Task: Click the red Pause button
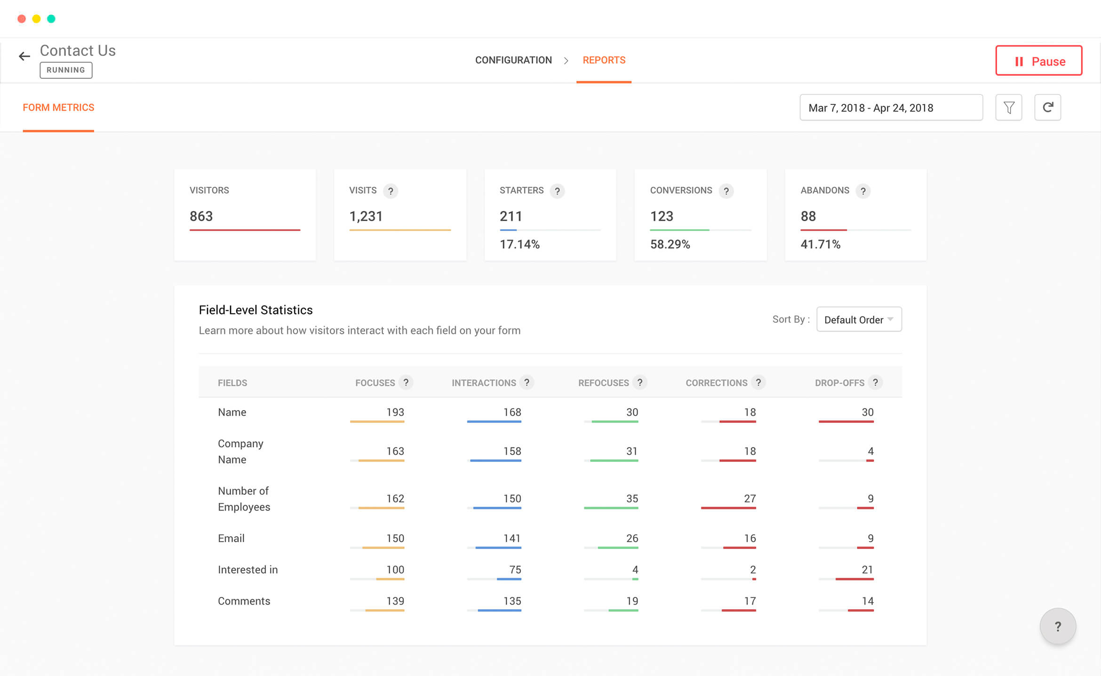point(1038,61)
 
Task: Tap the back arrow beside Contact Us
point(24,56)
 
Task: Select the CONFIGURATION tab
point(513,60)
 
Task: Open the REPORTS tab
point(604,60)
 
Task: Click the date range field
point(891,108)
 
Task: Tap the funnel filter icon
point(1009,108)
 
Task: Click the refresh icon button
point(1047,108)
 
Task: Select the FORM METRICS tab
point(58,108)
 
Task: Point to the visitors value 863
point(201,216)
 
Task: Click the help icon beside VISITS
point(391,191)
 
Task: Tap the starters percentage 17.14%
point(519,244)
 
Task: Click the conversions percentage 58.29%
point(670,244)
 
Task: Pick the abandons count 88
point(808,216)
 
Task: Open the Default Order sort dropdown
point(859,319)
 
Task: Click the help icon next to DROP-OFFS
point(875,382)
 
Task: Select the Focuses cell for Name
point(395,412)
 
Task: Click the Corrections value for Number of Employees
point(750,499)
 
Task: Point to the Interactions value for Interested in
point(515,570)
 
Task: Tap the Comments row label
point(244,601)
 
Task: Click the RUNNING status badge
point(66,70)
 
